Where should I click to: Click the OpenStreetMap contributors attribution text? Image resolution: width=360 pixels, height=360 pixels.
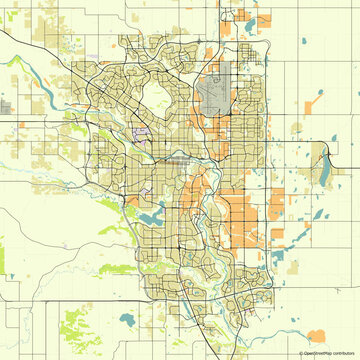tap(329, 353)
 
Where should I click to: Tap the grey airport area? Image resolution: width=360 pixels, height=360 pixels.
tap(213, 95)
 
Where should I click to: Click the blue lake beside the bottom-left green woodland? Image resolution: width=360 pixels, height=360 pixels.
tap(126, 321)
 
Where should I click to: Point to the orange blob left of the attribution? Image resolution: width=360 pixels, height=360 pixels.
tap(316, 336)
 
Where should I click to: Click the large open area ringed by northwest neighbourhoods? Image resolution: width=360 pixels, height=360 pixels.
tap(158, 95)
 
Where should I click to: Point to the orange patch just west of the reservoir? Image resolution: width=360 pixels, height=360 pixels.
tap(131, 199)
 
